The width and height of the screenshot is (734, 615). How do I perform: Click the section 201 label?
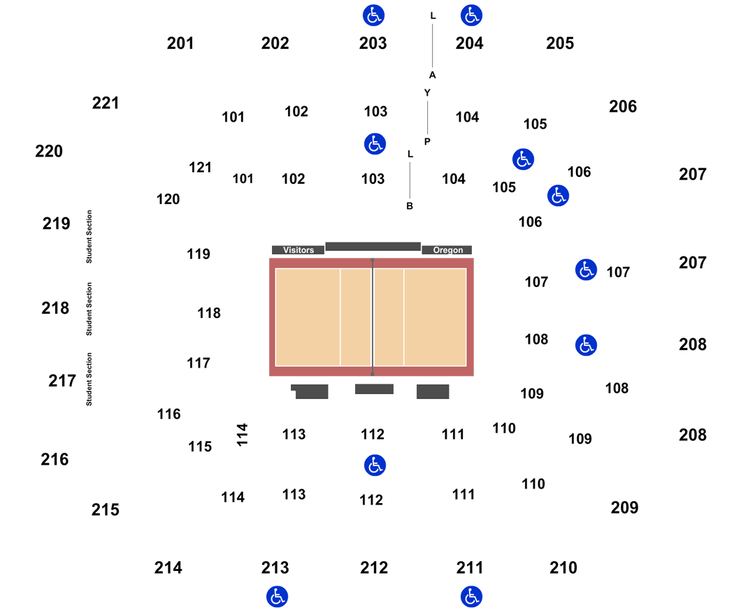[180, 43]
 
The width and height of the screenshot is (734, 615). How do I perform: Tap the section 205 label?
[560, 43]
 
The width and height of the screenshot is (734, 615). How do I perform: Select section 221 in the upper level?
[106, 103]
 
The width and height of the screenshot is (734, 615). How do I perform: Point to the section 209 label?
[624, 507]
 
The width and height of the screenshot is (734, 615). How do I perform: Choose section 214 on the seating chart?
[168, 567]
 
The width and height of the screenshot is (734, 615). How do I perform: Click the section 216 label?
[55, 460]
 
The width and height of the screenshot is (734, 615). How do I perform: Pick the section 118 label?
[209, 313]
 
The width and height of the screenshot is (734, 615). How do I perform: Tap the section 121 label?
[201, 168]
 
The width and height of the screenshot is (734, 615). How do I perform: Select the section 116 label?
[169, 414]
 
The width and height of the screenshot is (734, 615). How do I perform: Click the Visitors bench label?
[298, 250]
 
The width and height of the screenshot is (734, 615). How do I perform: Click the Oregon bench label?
[447, 250]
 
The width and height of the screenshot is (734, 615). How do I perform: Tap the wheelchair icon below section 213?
[277, 597]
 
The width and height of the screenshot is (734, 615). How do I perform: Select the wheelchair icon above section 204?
[471, 15]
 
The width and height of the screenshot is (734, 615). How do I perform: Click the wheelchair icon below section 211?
[471, 597]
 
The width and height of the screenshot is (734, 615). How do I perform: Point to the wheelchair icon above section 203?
[373, 15]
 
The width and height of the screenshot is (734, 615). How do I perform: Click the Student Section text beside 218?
[89, 309]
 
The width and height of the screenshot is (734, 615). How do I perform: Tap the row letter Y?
[427, 93]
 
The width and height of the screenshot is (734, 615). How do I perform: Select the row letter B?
[410, 206]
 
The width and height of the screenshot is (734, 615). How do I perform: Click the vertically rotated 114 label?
[242, 435]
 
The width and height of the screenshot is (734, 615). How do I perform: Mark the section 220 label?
[49, 151]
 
